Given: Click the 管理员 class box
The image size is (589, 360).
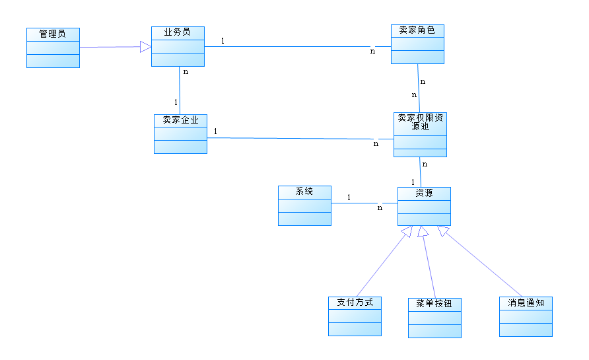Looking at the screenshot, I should coord(53,48).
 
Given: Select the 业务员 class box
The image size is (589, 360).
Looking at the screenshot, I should coord(178,46).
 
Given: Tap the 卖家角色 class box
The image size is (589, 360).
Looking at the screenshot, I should coord(417,44).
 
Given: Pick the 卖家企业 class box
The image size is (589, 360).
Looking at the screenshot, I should coord(180,134).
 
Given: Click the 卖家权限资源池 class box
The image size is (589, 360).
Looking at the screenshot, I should coord(420,135).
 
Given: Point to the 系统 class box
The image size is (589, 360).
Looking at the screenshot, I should coord(304,206).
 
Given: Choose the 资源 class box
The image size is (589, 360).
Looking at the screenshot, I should coord(424,206).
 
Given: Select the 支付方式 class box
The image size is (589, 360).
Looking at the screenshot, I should coord(355,316).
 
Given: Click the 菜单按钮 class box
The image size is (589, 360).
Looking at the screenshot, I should coord(434,318).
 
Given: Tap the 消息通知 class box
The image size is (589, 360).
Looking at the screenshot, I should coord(526,317).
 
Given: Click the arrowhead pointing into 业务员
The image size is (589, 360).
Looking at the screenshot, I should coord(146,46).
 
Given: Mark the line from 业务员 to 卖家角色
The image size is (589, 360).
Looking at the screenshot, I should coord(297,47).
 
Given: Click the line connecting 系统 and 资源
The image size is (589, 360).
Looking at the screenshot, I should coord(364,203).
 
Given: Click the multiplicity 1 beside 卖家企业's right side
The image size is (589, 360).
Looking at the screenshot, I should coord(216,131).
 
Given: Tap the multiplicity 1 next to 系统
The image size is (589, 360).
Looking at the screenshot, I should coord(349,197).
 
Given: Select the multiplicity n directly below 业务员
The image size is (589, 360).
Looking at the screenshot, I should coord(186,72).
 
